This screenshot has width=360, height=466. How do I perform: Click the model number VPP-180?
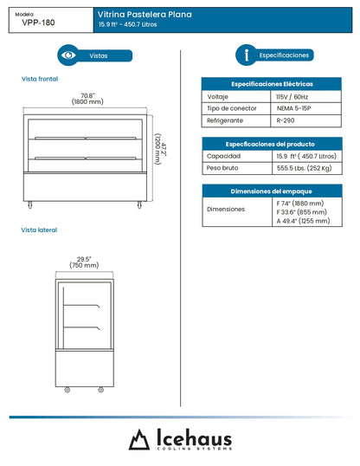click(x=37, y=23)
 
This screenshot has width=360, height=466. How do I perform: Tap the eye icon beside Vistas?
click(x=67, y=55)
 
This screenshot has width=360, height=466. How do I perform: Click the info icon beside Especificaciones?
click(x=247, y=55)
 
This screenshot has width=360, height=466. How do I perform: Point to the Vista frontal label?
click(x=39, y=79)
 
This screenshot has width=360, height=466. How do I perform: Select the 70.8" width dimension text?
click(x=87, y=98)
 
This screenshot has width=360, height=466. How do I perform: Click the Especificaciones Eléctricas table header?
click(x=272, y=84)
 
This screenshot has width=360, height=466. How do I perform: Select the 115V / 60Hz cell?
click(x=292, y=97)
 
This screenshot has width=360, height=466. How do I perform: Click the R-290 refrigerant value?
click(x=286, y=121)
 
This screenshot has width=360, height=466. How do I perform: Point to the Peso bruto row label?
click(x=223, y=169)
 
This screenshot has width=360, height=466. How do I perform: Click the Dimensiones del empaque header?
click(x=272, y=191)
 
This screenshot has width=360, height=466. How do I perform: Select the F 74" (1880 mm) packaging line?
click(x=302, y=202)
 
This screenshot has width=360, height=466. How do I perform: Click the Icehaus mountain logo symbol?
click(x=139, y=440)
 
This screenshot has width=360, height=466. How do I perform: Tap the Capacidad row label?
click(x=223, y=156)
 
